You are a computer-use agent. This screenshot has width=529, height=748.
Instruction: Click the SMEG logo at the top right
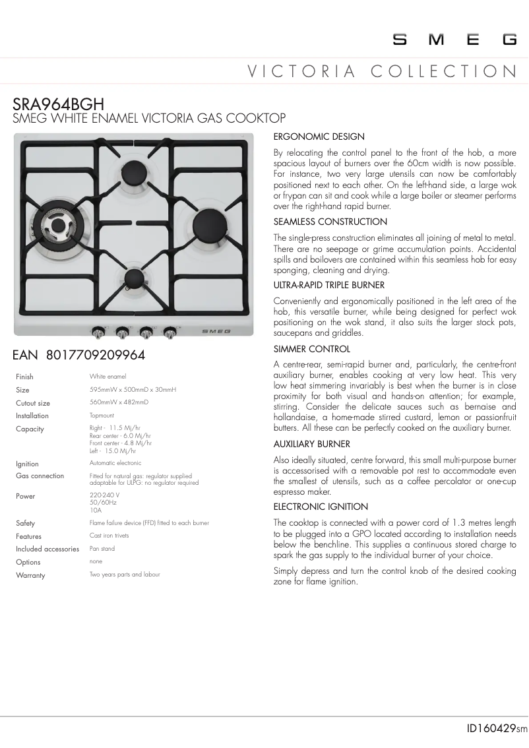pyautogui.click(x=455, y=40)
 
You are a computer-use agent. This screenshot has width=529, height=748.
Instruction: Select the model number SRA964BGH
pyautogui.click(x=59, y=104)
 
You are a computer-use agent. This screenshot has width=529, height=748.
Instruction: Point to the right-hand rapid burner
pyautogui.click(x=206, y=219)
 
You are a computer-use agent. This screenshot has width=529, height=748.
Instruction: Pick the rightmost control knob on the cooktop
pyautogui.click(x=170, y=331)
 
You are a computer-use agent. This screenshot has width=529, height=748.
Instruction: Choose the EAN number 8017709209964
pyautogui.click(x=79, y=355)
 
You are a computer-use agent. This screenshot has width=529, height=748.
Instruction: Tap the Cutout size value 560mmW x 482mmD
pyautogui.click(x=119, y=402)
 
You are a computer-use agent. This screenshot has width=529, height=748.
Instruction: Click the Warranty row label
pyautogui.click(x=30, y=575)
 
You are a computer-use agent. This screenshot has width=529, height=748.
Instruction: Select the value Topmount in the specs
pyautogui.click(x=102, y=416)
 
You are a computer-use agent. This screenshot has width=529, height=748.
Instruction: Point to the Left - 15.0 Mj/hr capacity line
pyautogui.click(x=113, y=451)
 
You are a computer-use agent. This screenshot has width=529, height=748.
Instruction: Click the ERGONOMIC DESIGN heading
pyautogui.click(x=319, y=137)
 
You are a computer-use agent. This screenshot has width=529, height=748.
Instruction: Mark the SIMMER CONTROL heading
pyautogui.click(x=311, y=349)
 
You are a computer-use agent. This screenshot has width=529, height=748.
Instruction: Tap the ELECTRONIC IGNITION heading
pyautogui.click(x=321, y=507)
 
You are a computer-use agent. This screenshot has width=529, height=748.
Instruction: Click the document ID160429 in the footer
pyautogui.click(x=491, y=729)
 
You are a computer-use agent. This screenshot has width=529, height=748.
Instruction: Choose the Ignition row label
pyautogui.click(x=27, y=464)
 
